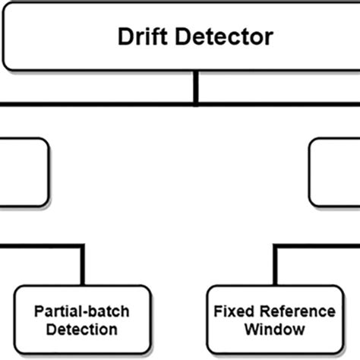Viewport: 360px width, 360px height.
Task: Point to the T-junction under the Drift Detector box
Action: (x=197, y=103)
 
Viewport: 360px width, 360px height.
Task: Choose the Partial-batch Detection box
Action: (x=82, y=320)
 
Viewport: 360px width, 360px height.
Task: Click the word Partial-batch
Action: (x=82, y=311)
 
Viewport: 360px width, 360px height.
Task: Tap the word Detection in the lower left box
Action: (x=82, y=330)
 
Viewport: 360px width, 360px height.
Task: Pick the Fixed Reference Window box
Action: (x=273, y=320)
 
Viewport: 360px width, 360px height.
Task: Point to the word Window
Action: (x=274, y=330)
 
